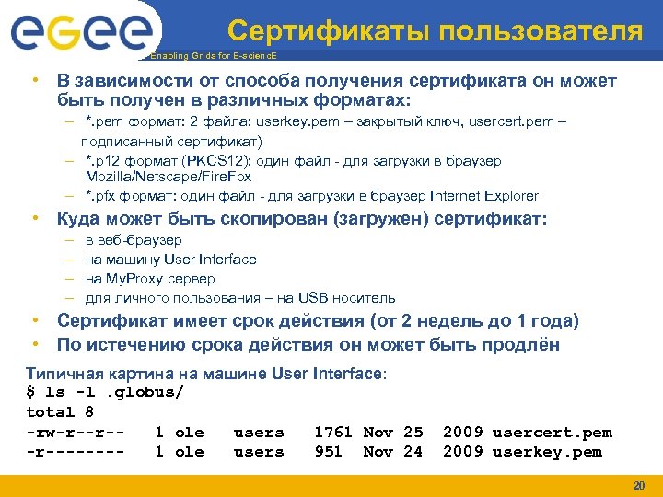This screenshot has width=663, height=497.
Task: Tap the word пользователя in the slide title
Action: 541,31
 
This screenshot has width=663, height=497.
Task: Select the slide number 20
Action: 639,485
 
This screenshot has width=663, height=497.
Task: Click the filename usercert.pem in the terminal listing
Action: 552,433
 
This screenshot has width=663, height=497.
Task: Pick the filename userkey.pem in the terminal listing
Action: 547,452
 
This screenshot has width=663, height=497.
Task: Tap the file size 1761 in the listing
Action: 333,433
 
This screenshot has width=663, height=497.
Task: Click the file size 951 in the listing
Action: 328,452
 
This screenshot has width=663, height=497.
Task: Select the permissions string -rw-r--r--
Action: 76,433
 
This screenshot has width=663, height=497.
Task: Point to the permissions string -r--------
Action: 76,452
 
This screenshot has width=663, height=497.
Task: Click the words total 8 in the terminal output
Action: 60,412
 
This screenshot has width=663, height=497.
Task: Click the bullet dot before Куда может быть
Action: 34,219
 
